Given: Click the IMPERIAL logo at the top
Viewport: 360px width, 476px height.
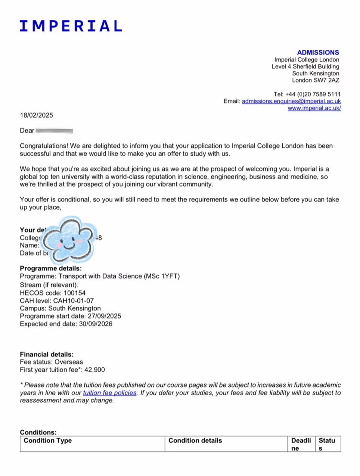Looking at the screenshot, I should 71,26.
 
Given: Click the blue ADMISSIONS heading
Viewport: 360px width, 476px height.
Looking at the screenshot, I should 318,53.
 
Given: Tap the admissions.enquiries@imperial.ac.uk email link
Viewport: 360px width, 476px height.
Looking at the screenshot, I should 291,101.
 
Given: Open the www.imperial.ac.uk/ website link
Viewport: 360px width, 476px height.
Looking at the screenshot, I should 314,108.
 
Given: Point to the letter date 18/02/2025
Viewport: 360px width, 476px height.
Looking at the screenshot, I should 37,115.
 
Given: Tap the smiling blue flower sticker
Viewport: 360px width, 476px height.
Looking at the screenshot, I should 69,240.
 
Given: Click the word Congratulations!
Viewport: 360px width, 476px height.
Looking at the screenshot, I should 44,146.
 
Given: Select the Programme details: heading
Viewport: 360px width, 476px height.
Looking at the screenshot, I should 51,268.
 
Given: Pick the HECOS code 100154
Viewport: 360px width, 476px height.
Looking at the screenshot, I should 74,293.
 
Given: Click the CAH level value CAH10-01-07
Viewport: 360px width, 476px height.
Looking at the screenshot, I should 74,301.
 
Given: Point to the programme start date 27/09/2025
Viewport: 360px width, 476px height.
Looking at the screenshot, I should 104,316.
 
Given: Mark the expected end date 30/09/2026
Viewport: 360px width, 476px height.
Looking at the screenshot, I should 96,324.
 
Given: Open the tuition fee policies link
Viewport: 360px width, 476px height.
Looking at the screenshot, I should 109,393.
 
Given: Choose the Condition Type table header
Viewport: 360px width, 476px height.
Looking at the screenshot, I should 47,441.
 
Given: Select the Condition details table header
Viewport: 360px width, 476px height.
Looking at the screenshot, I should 195,441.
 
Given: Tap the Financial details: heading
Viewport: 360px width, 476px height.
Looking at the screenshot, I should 47,354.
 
